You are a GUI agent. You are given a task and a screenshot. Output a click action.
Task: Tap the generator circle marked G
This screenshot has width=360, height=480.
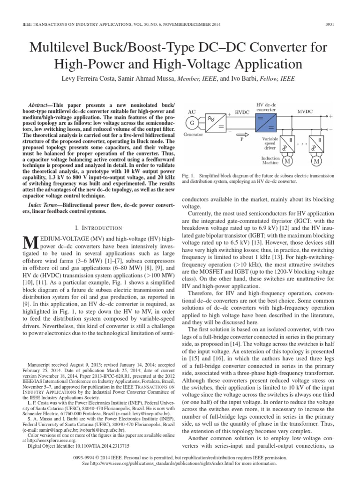pyautogui.click(x=191, y=123)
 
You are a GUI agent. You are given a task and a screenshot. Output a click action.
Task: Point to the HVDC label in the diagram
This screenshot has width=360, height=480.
pyautogui.click(x=242, y=113)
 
